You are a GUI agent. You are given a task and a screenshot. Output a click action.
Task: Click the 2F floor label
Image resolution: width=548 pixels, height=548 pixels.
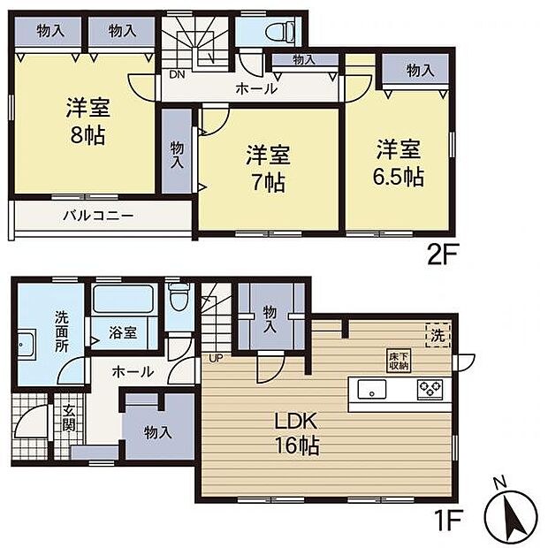(x=442, y=257)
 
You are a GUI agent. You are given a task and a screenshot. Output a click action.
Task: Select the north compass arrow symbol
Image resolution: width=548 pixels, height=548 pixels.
(x=511, y=511)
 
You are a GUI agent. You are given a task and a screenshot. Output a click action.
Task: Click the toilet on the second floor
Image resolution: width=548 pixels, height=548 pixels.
(x=281, y=31)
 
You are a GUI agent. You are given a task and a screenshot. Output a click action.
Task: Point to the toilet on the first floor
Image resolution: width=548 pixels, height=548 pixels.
(x=179, y=297)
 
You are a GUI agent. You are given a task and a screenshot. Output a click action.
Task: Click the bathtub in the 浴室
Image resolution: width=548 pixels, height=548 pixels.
(x=124, y=299)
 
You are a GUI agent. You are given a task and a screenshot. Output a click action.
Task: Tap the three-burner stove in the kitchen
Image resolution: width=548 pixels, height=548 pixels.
(x=430, y=389)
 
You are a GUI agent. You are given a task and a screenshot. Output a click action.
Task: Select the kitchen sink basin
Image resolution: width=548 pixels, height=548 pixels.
(x=372, y=389)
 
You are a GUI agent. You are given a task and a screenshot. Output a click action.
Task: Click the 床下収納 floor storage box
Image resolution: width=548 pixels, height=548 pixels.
(x=399, y=360)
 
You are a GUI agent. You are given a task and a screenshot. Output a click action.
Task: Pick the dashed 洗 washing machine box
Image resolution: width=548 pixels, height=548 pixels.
(x=438, y=335)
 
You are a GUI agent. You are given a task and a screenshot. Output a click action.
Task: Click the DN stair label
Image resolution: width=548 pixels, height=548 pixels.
(x=177, y=74)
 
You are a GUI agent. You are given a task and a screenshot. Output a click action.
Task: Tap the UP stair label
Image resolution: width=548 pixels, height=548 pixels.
(x=216, y=358)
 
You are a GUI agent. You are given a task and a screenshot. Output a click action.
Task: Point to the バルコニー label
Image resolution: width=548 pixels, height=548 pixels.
(x=98, y=216)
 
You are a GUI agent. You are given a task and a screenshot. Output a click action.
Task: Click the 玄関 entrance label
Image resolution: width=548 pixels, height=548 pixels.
(x=69, y=418)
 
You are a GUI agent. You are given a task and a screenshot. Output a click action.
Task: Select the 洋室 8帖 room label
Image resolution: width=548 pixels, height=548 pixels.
(x=88, y=121)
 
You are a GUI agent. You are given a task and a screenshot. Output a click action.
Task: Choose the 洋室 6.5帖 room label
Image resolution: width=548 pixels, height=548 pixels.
(x=399, y=164)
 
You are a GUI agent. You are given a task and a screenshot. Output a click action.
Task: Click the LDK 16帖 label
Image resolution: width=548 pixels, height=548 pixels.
(x=296, y=433)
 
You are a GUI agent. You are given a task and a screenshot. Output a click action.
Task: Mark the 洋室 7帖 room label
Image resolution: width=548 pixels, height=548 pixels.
(x=268, y=169)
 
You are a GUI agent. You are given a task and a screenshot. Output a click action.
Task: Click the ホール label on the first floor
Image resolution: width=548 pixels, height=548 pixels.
(x=133, y=372)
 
